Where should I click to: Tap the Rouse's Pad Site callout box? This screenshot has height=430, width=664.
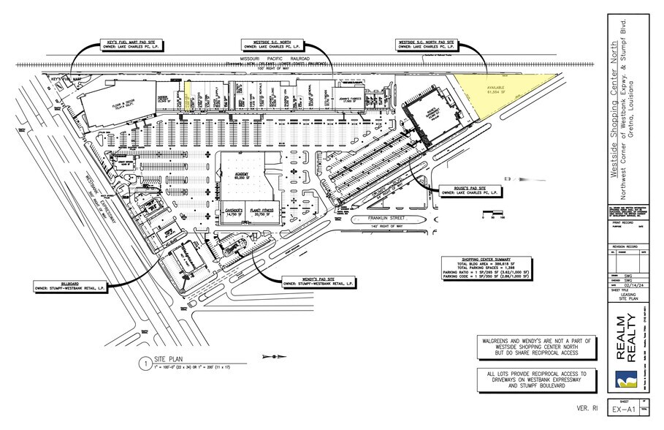coord(468,192)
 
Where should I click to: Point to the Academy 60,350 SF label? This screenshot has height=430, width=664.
coord(239,176)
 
